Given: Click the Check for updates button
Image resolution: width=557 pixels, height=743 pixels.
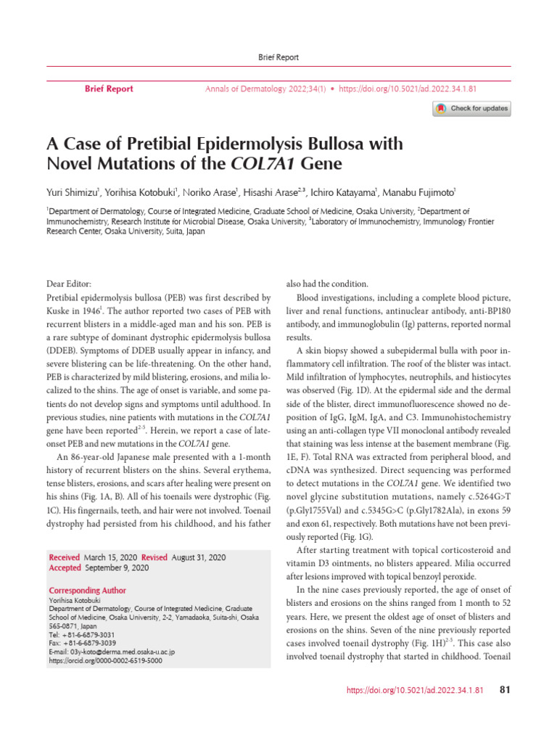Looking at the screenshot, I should pyautogui.click(x=472, y=109).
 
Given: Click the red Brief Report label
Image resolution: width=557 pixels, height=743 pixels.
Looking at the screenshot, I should pyautogui.click(x=109, y=89).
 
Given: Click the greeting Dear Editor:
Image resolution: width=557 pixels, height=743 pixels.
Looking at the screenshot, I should pyautogui.click(x=71, y=285).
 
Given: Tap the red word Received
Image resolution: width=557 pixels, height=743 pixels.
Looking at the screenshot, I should pyautogui.click(x=65, y=557).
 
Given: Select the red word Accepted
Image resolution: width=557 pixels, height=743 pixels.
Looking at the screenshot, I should pyautogui.click(x=65, y=568).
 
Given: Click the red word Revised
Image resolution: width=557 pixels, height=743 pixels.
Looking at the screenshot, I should pyautogui.click(x=154, y=557).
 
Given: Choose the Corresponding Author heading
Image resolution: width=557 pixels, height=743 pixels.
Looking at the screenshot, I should pyautogui.click(x=87, y=591).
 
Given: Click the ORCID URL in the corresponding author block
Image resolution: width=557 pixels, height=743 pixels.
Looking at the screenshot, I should pyautogui.click(x=106, y=661).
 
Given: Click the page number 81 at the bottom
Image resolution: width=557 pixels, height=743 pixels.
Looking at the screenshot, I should pyautogui.click(x=506, y=689).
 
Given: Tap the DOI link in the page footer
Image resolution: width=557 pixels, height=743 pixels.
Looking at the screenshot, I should pyautogui.click(x=416, y=690).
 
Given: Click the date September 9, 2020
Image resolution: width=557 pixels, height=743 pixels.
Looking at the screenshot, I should pyautogui.click(x=117, y=568).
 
